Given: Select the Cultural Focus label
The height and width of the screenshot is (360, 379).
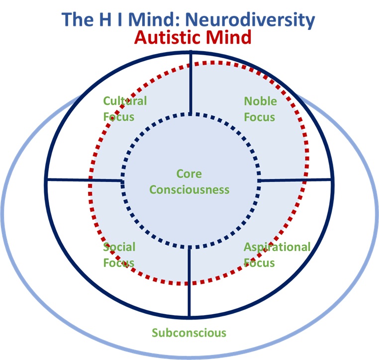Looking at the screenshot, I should pyautogui.click(x=125, y=109).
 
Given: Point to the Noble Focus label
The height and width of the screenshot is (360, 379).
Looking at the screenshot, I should pyautogui.click(x=260, y=109).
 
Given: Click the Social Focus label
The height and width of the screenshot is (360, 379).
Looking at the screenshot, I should pyautogui.click(x=119, y=255).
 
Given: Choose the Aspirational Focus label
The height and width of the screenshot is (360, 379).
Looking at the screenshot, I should pyautogui.click(x=277, y=255).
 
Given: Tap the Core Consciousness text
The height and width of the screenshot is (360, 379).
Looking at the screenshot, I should pyautogui.click(x=189, y=181).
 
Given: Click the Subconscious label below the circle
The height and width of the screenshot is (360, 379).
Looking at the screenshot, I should pyautogui.click(x=189, y=333).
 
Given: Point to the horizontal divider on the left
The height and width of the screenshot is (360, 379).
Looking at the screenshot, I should pyautogui.click(x=85, y=180).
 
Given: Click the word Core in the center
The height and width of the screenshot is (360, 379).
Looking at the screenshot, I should pyautogui.click(x=189, y=174).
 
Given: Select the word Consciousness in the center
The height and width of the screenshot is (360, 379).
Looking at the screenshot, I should pyautogui.click(x=189, y=189).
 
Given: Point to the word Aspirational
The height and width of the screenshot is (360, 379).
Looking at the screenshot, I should pyautogui.click(x=277, y=247).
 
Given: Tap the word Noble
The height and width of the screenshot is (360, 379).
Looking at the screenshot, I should pyautogui.click(x=260, y=101).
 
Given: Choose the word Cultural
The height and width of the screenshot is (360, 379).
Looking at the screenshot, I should pyautogui.click(x=125, y=101).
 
